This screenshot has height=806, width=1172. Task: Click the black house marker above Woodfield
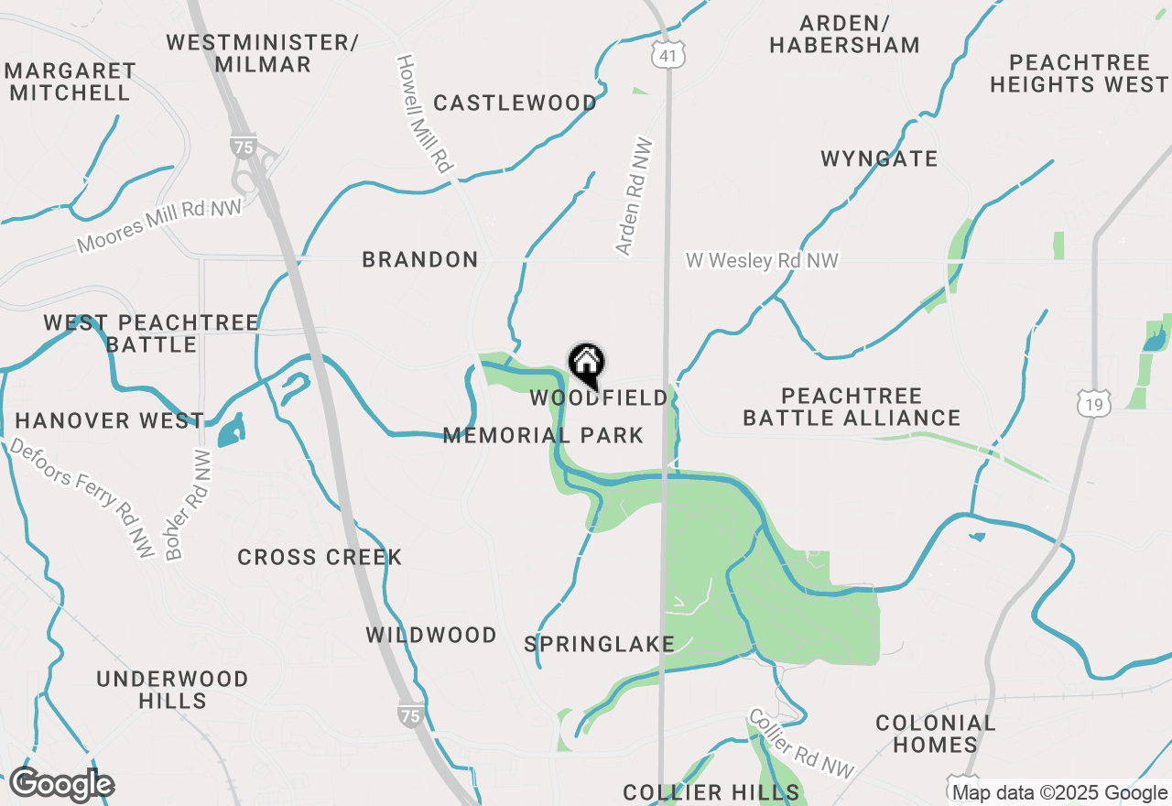(586, 365)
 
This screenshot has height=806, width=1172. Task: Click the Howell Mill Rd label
(424, 114)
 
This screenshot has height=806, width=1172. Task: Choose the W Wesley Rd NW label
(762, 261)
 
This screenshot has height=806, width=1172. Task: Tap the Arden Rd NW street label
(635, 196)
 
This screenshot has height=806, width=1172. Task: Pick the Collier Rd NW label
(801, 744)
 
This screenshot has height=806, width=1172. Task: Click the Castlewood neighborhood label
(515, 103)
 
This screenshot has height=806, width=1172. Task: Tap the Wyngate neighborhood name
(879, 158)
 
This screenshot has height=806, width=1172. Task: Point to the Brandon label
(420, 259)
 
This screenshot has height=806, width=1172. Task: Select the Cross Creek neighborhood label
(320, 557)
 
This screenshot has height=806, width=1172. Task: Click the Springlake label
(600, 644)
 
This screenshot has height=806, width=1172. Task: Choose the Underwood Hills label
(172, 690)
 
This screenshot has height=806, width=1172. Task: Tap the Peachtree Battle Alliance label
(852, 407)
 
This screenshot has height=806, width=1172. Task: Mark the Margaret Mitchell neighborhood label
(71, 82)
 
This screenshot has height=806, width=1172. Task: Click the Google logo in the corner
(61, 785)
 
